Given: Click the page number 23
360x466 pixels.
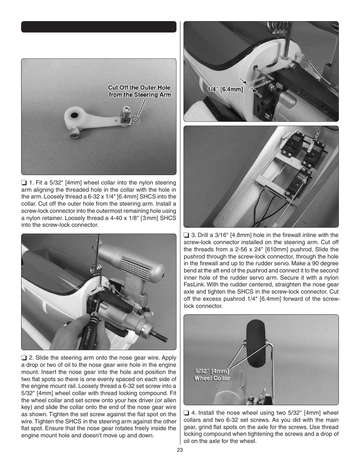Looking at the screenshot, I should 180,450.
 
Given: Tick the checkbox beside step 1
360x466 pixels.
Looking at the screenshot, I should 24,183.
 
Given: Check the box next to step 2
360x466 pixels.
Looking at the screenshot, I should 24,358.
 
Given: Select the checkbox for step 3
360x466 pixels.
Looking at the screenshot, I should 186,235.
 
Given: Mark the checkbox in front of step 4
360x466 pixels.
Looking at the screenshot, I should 186,413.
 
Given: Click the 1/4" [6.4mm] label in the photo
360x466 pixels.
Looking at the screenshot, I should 225,89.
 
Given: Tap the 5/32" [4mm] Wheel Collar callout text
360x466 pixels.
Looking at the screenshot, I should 212,375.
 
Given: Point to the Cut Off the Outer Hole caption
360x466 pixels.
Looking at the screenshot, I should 139,91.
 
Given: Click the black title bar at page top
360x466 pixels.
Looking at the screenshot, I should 98,27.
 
